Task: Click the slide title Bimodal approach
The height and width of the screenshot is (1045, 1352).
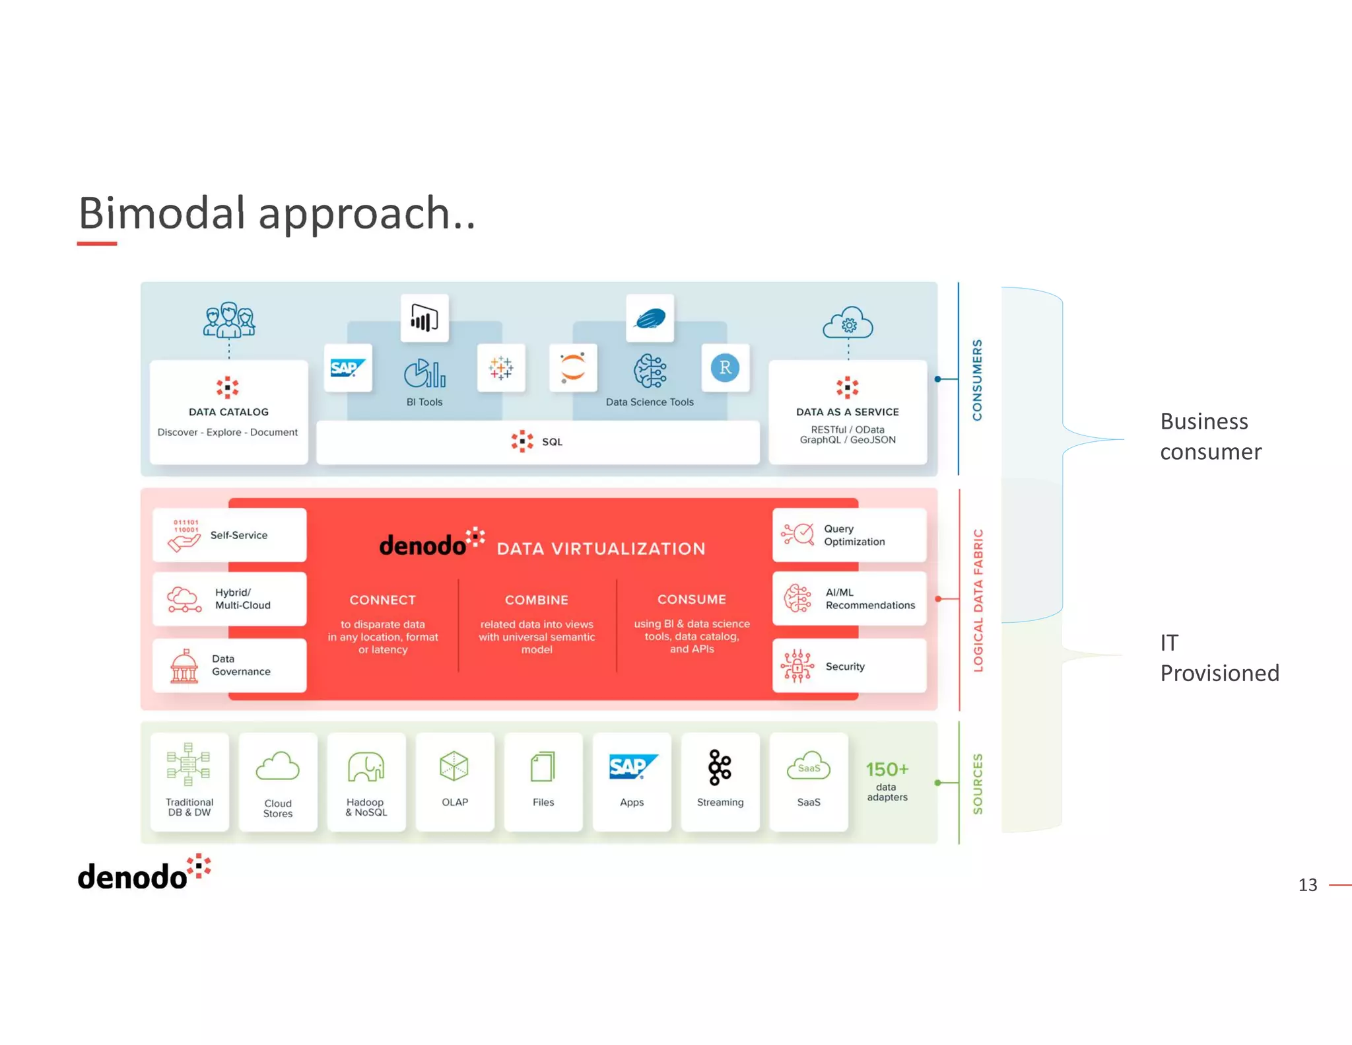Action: tap(276, 213)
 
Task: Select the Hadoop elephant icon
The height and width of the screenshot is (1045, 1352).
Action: tap(366, 768)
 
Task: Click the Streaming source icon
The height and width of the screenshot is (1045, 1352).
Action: tap(720, 768)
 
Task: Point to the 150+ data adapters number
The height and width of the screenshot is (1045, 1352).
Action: tap(887, 770)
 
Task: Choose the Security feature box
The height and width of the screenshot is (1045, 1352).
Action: tap(849, 666)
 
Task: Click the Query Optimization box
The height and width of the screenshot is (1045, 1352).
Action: tap(849, 535)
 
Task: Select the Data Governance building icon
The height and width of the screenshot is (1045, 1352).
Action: tap(184, 666)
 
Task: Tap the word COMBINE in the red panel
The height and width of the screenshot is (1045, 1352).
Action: tap(536, 600)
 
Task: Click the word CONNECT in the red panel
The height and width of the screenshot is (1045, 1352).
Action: tap(382, 600)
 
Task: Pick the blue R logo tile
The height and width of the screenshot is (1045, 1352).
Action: tap(725, 368)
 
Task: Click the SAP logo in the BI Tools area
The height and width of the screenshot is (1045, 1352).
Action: tap(348, 368)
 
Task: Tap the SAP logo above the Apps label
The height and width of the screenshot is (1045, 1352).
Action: tap(632, 767)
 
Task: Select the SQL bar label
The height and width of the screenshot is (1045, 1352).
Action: tap(551, 442)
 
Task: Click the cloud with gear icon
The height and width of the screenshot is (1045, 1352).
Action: tap(848, 324)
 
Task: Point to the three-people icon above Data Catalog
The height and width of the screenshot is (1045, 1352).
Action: tap(228, 320)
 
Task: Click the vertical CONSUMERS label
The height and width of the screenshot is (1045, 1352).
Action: tap(977, 380)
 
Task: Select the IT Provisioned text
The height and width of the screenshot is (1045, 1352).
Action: tap(1219, 658)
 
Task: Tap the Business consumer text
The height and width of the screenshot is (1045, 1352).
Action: tap(1210, 436)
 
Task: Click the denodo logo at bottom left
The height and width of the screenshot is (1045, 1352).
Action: tap(144, 874)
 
